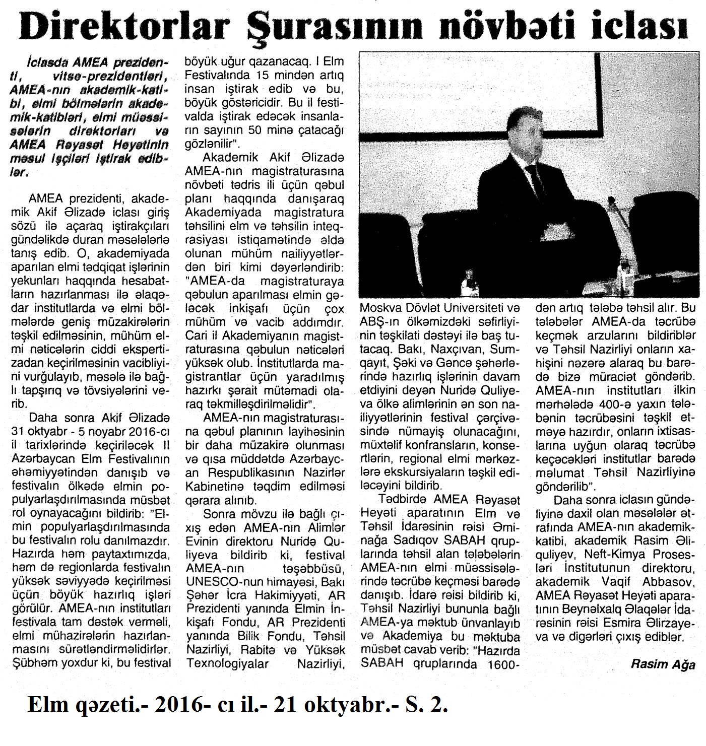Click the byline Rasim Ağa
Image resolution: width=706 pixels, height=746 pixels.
662,664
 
